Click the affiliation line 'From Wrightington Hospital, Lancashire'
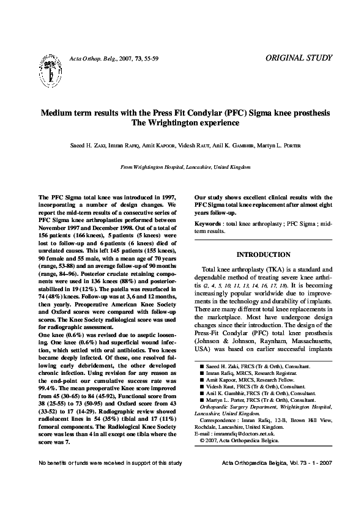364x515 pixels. point(185,166)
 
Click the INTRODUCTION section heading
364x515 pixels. point(263,254)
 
